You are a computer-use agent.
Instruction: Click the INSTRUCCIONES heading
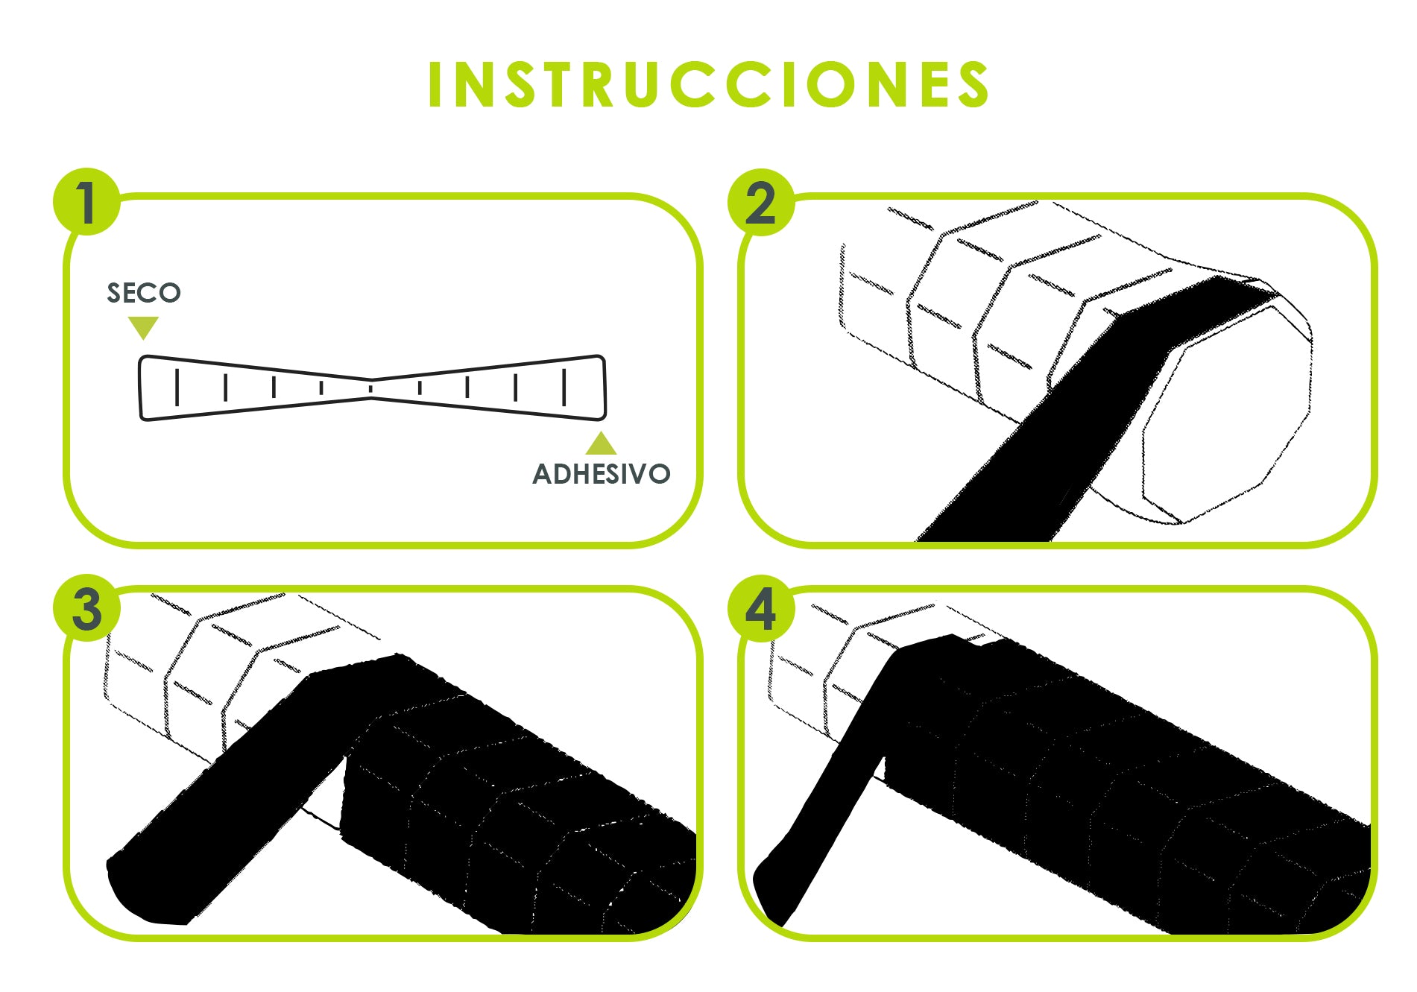708,84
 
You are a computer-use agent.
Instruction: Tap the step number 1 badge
86,202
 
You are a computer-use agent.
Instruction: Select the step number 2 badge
760,202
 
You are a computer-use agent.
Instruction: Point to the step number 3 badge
86,608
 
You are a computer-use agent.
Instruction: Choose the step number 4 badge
760,608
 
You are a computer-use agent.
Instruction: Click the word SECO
144,293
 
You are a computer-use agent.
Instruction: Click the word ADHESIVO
602,474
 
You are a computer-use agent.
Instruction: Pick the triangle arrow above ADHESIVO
601,443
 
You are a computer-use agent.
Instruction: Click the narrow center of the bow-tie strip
371,388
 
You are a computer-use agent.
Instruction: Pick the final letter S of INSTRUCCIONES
972,84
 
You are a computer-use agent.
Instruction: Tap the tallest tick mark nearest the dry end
177,387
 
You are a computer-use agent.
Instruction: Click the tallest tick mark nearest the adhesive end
564,387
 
